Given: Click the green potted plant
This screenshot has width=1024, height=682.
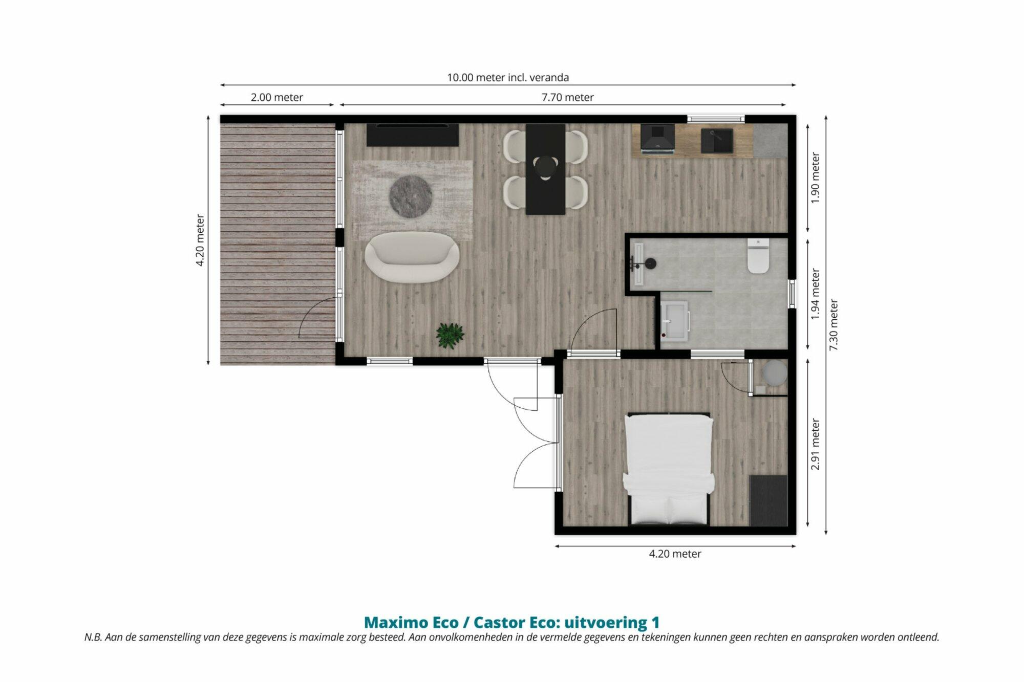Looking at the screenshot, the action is (450, 336).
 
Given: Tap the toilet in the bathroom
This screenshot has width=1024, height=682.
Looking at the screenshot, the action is (758, 255).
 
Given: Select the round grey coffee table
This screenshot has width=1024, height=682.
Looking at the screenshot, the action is (411, 196).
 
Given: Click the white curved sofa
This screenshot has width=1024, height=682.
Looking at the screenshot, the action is (412, 257).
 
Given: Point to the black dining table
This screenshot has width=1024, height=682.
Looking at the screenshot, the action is (545, 169).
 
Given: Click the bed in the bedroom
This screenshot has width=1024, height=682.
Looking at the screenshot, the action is (669, 469).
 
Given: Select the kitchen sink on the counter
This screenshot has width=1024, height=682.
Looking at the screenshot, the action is (717, 141).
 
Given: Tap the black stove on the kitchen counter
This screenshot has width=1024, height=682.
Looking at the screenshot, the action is (657, 139).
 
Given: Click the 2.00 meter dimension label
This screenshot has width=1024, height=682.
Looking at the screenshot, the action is (276, 97).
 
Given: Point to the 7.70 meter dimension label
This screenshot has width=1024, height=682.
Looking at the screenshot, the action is (567, 97).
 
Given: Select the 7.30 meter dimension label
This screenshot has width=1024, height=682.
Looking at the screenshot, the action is (834, 325).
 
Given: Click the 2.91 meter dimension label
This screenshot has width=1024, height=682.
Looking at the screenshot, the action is (815, 444).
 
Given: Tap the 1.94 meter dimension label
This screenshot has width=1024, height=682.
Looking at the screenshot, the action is (815, 294).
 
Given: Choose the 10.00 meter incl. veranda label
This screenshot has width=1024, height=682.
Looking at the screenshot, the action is (508, 77).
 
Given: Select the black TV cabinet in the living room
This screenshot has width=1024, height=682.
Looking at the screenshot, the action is (412, 135).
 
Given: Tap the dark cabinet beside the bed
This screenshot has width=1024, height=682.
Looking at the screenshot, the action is (768, 500).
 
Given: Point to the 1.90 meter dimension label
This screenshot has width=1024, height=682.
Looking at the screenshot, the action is (815, 178).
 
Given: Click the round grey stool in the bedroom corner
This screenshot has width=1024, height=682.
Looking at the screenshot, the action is (774, 372).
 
